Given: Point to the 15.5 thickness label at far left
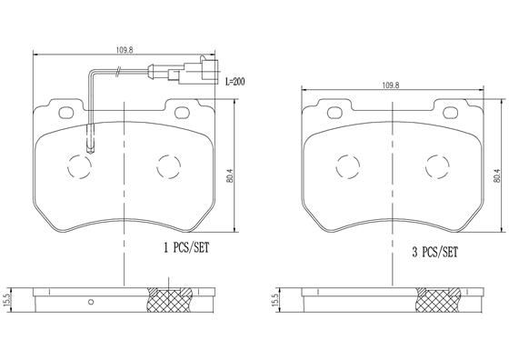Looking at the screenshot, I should tap(8, 298).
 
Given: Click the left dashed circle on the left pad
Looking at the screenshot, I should tap(78, 166).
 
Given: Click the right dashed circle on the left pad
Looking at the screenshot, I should tap(167, 166).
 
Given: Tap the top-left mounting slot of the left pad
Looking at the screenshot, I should tap(66, 115).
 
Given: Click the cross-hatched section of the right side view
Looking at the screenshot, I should tap(439, 298).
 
